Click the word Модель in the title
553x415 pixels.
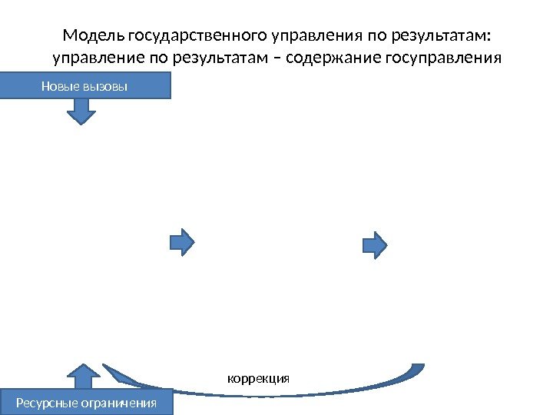tap(94, 36)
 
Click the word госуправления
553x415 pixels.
tap(431, 58)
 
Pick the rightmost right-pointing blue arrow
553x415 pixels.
tap(375, 243)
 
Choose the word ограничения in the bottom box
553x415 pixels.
tap(121, 403)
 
